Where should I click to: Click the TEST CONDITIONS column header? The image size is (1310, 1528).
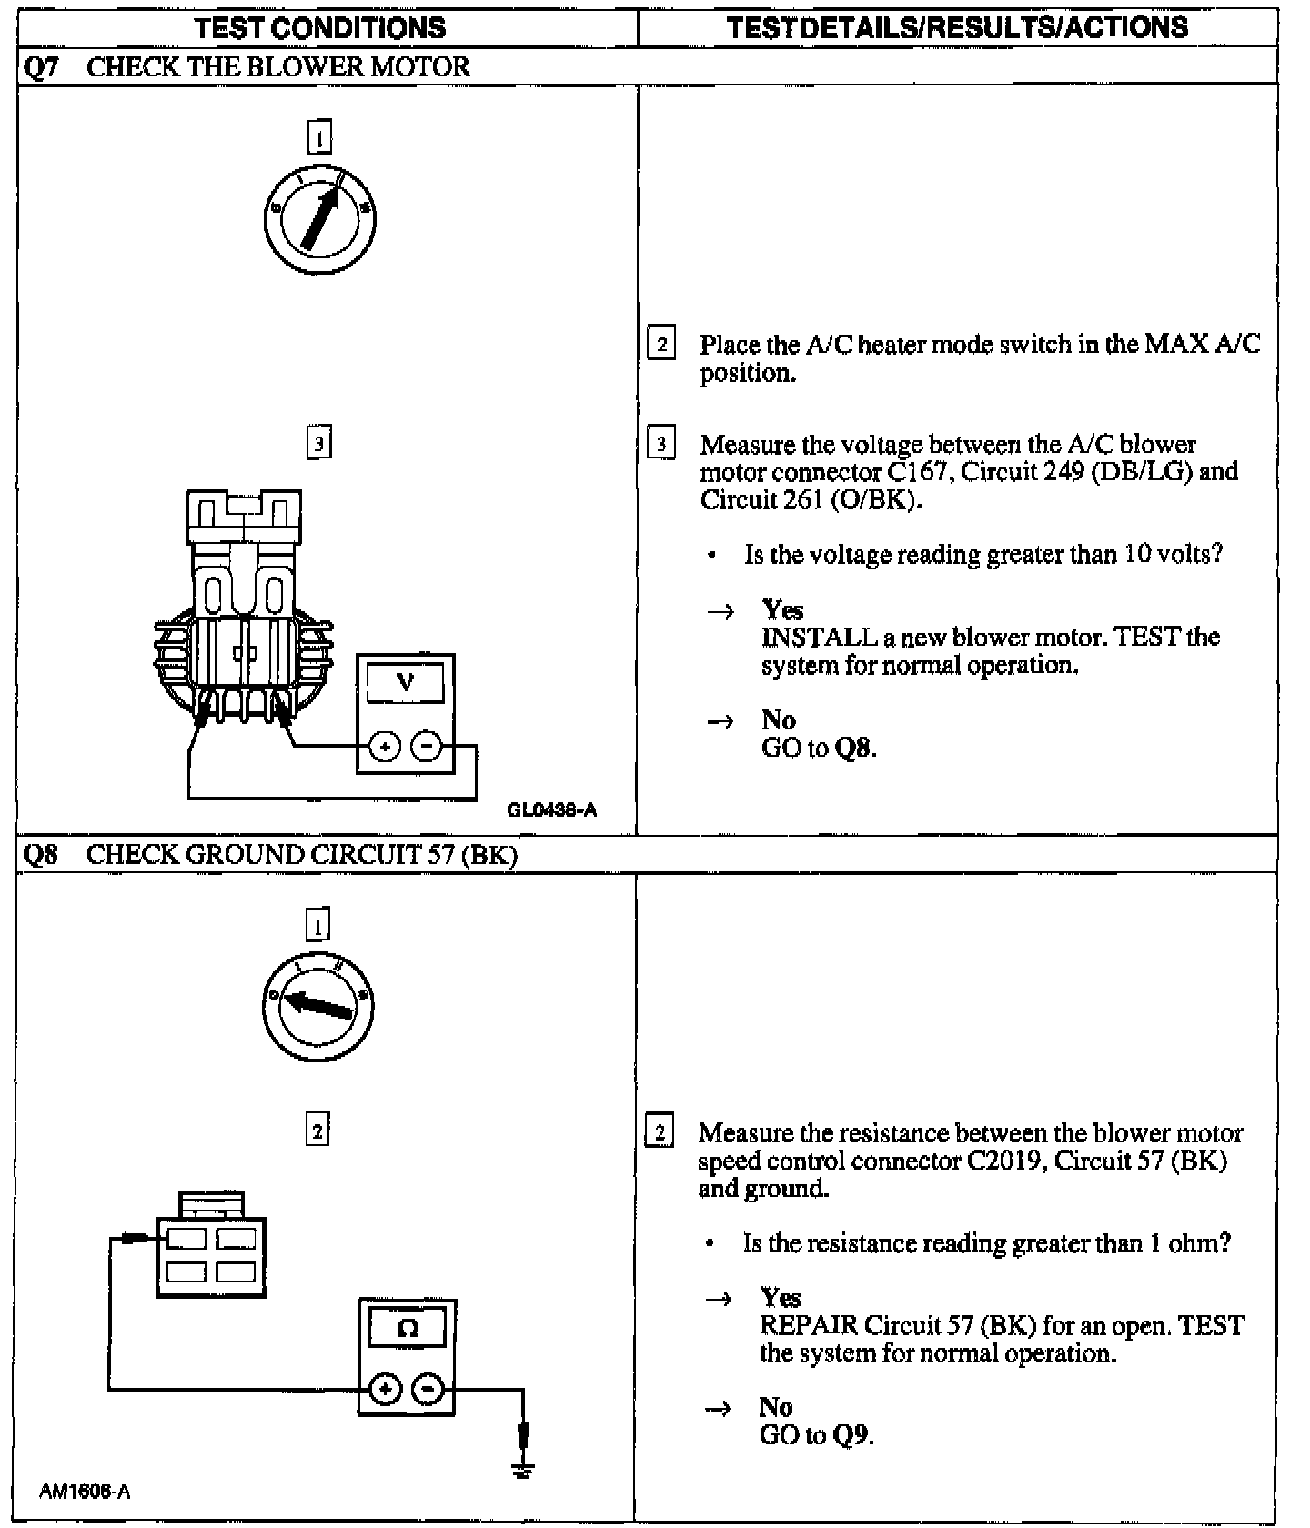[321, 27]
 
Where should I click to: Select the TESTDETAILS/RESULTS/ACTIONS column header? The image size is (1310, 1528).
[957, 27]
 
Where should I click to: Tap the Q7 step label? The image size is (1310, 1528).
[39, 67]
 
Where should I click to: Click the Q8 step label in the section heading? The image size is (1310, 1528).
[39, 855]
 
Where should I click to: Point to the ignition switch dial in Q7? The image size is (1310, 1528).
[319, 219]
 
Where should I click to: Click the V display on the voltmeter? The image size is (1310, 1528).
[406, 681]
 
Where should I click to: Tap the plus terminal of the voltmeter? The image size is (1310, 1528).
[385, 748]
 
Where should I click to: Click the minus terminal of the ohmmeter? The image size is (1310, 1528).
[428, 1390]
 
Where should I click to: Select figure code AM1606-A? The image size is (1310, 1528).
[85, 1492]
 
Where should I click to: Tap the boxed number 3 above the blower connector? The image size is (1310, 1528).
[318, 443]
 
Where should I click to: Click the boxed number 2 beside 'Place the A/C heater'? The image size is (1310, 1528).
[661, 345]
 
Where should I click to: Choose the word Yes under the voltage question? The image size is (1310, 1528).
[782, 609]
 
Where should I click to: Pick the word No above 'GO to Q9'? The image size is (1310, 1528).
[776, 1407]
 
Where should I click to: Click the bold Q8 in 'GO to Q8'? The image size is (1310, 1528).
[853, 749]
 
